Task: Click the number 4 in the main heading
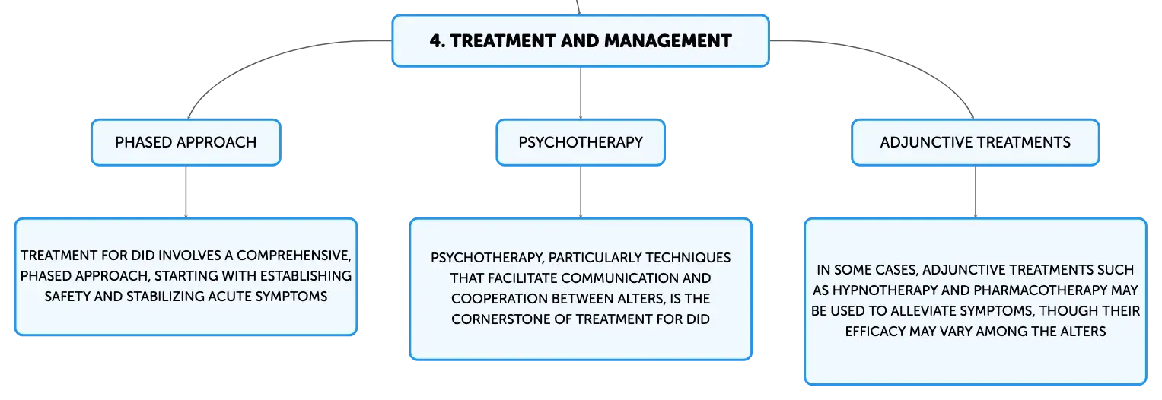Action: (x=436, y=41)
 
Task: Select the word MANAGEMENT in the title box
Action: (x=667, y=41)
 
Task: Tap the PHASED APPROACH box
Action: (x=186, y=142)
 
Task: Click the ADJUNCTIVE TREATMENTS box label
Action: (x=976, y=142)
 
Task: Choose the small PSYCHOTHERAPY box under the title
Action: (x=581, y=142)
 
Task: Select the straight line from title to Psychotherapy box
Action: (x=581, y=93)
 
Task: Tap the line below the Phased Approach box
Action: (x=186, y=192)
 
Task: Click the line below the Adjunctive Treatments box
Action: (x=976, y=192)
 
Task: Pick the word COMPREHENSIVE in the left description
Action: (x=294, y=256)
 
